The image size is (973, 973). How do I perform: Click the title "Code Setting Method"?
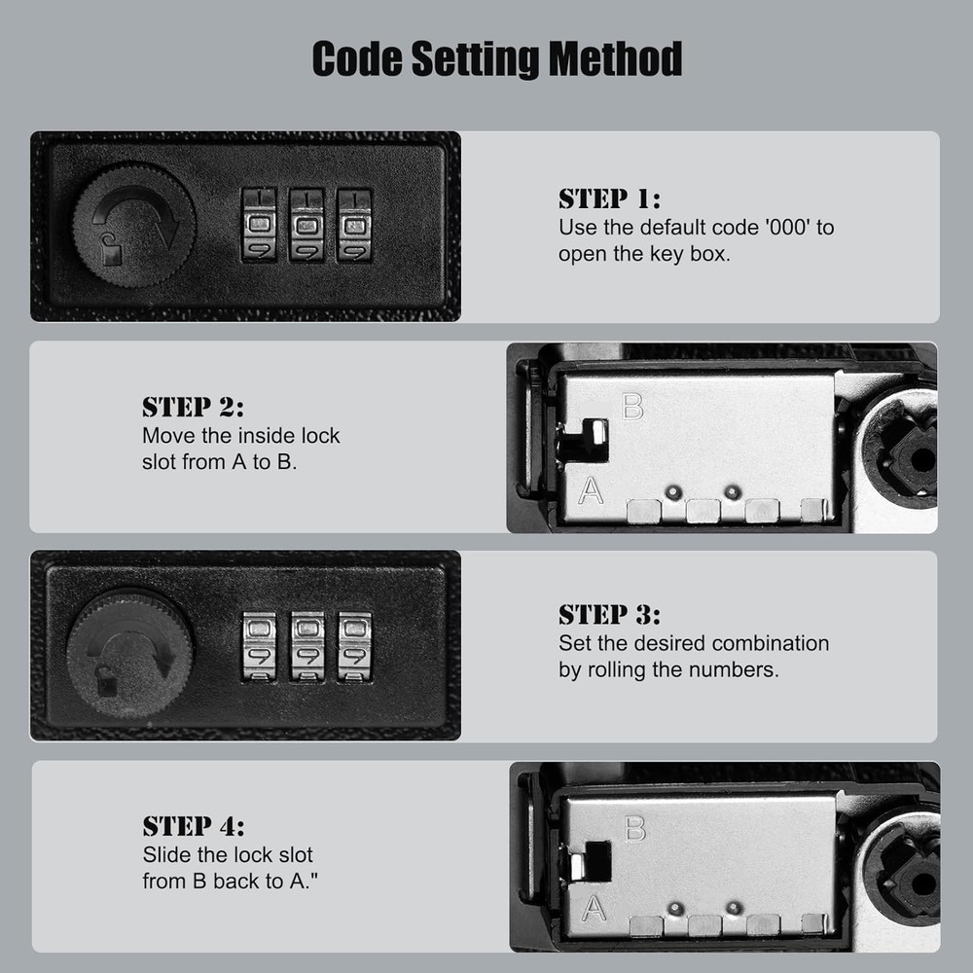(x=497, y=58)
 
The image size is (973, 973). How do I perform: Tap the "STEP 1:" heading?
(x=609, y=199)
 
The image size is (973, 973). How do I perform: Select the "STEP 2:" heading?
(x=193, y=408)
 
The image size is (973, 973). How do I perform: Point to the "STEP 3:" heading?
(x=609, y=615)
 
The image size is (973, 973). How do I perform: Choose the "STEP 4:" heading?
(x=194, y=826)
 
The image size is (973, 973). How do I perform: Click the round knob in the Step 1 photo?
(x=134, y=225)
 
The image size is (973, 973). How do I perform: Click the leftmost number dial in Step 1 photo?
(x=259, y=225)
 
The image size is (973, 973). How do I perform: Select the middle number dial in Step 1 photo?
(x=306, y=225)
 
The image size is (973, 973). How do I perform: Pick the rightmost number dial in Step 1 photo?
(x=354, y=225)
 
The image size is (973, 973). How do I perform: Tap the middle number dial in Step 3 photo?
(x=307, y=647)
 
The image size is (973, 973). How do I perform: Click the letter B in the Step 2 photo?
(x=632, y=407)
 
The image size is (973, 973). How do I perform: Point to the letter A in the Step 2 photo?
(x=591, y=490)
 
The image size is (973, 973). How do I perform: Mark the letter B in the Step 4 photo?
(x=634, y=828)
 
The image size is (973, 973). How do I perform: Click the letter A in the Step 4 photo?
(x=594, y=909)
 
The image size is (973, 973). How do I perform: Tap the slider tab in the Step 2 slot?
(x=598, y=433)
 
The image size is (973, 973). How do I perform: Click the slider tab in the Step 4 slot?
(x=578, y=866)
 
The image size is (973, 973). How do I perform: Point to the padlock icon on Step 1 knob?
(x=112, y=250)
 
